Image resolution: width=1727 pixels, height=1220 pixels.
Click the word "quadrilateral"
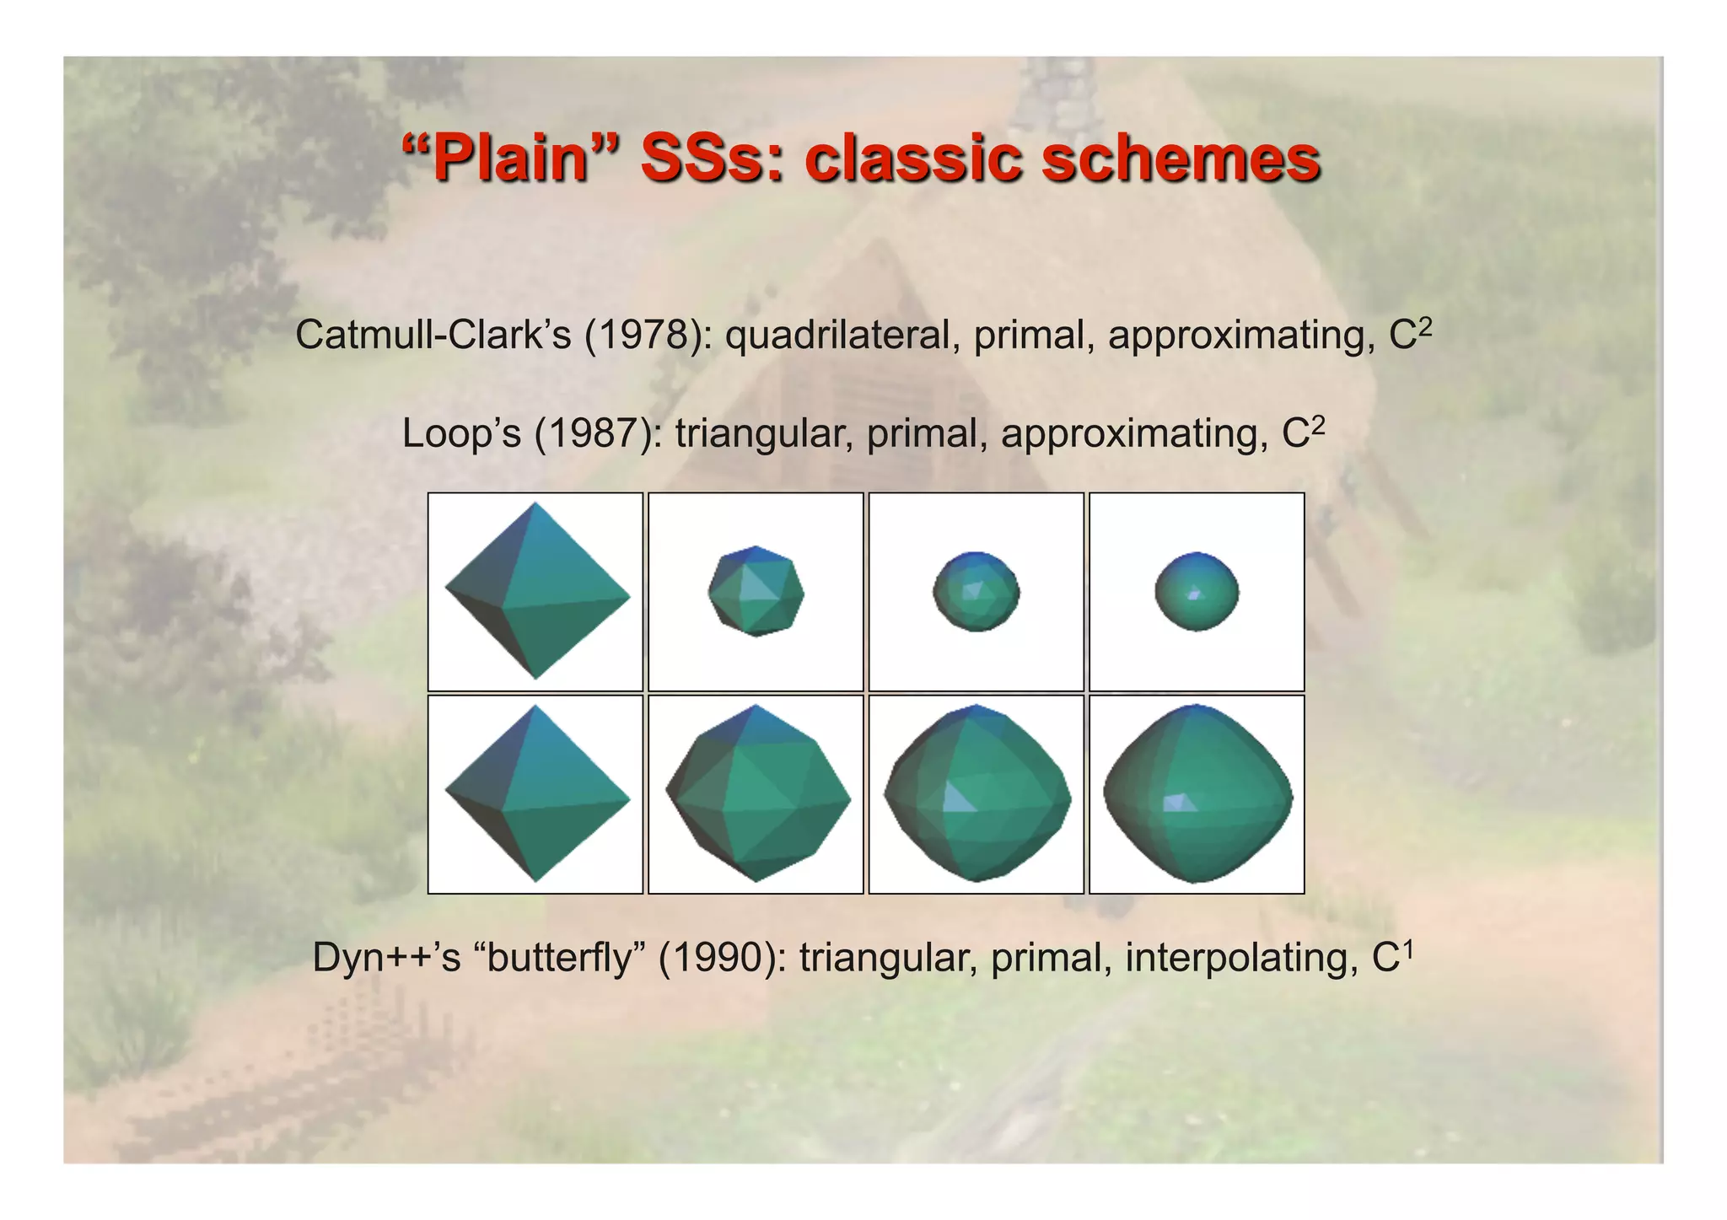[843, 336]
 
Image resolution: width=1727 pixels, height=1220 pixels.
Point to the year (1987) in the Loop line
[598, 434]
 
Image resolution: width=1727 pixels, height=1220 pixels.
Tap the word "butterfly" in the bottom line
[561, 959]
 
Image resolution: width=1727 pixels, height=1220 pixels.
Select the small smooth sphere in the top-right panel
[1197, 591]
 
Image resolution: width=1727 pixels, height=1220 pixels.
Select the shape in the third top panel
[976, 591]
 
